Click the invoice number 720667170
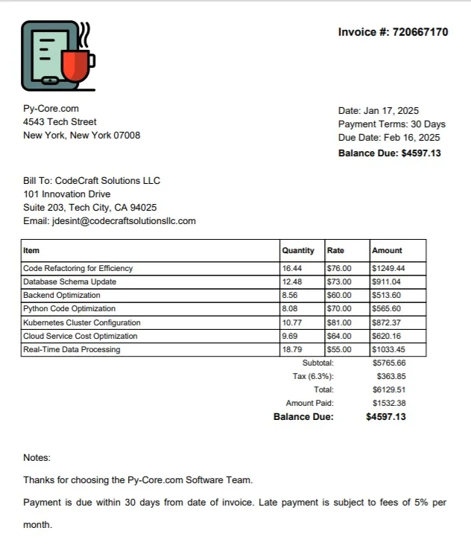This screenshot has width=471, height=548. tap(420, 32)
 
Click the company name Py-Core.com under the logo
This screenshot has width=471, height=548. tap(51, 109)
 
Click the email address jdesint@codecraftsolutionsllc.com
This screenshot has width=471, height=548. tap(124, 221)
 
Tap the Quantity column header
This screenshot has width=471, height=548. tap(298, 251)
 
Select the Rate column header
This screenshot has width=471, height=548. tap(335, 251)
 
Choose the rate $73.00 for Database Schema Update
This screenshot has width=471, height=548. tap(339, 282)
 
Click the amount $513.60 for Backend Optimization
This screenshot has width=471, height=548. tap(386, 296)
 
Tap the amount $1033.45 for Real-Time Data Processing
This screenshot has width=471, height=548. tap(388, 350)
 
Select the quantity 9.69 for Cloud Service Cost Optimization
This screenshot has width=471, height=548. tap(289, 337)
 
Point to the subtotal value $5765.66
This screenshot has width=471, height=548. tap(389, 363)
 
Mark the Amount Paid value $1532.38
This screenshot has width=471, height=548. tap(389, 404)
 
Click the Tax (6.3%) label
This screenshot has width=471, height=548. tap(313, 377)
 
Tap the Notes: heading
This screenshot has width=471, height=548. tap(37, 458)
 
